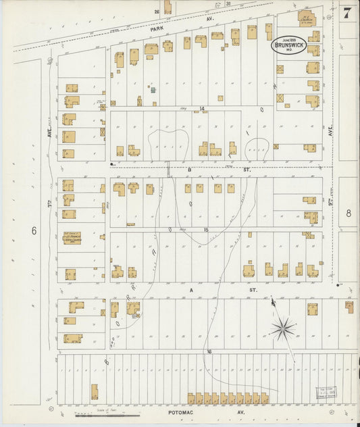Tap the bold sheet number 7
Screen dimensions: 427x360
347,13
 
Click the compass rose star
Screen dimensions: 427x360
283,329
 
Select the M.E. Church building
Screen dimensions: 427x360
307,16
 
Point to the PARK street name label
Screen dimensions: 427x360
157,30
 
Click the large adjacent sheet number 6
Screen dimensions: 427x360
33,230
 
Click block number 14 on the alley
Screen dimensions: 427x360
201,108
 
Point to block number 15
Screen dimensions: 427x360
206,230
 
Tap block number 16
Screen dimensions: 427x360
209,351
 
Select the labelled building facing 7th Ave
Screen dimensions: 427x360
72,238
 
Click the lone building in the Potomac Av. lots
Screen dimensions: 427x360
94,392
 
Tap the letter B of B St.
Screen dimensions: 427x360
190,170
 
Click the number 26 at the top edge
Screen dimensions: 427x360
156,11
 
